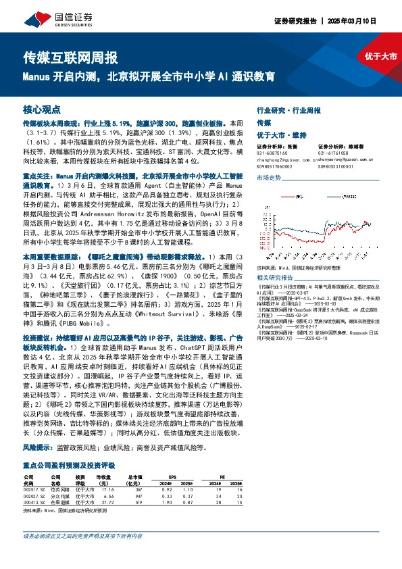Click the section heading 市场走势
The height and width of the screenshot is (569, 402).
pyautogui.click(x=268, y=177)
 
